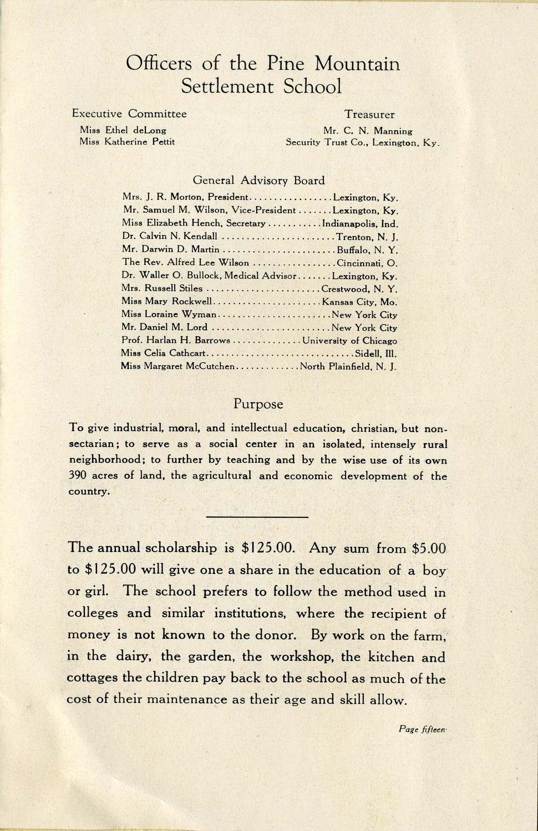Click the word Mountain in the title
click(357, 64)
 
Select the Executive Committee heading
click(129, 114)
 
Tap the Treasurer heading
click(369, 115)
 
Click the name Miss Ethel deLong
click(123, 130)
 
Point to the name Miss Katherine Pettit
click(127, 142)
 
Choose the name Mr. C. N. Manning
click(368, 131)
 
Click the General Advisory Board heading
click(258, 180)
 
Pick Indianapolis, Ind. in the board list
click(360, 224)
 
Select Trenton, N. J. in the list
click(367, 237)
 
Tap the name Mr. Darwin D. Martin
click(171, 249)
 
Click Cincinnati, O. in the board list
click(367, 263)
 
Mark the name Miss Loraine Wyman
click(169, 315)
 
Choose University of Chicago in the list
click(349, 341)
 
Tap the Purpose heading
click(258, 404)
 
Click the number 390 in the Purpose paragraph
click(78, 476)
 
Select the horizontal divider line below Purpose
click(257, 517)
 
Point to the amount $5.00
click(429, 548)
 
